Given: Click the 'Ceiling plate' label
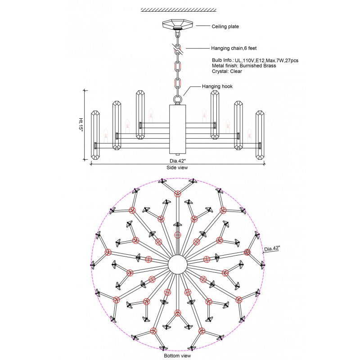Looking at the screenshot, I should click(x=225, y=27).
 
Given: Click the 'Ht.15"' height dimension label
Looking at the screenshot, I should click(x=81, y=125).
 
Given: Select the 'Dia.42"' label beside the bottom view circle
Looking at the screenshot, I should click(x=272, y=248).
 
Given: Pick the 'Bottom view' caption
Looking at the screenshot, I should click(x=177, y=355).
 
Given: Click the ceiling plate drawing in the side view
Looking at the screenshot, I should click(x=178, y=24).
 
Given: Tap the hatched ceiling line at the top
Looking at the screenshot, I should click(x=179, y=9).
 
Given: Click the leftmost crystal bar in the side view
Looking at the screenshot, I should click(x=95, y=135).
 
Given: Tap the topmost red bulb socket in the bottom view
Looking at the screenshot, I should click(x=178, y=194).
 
